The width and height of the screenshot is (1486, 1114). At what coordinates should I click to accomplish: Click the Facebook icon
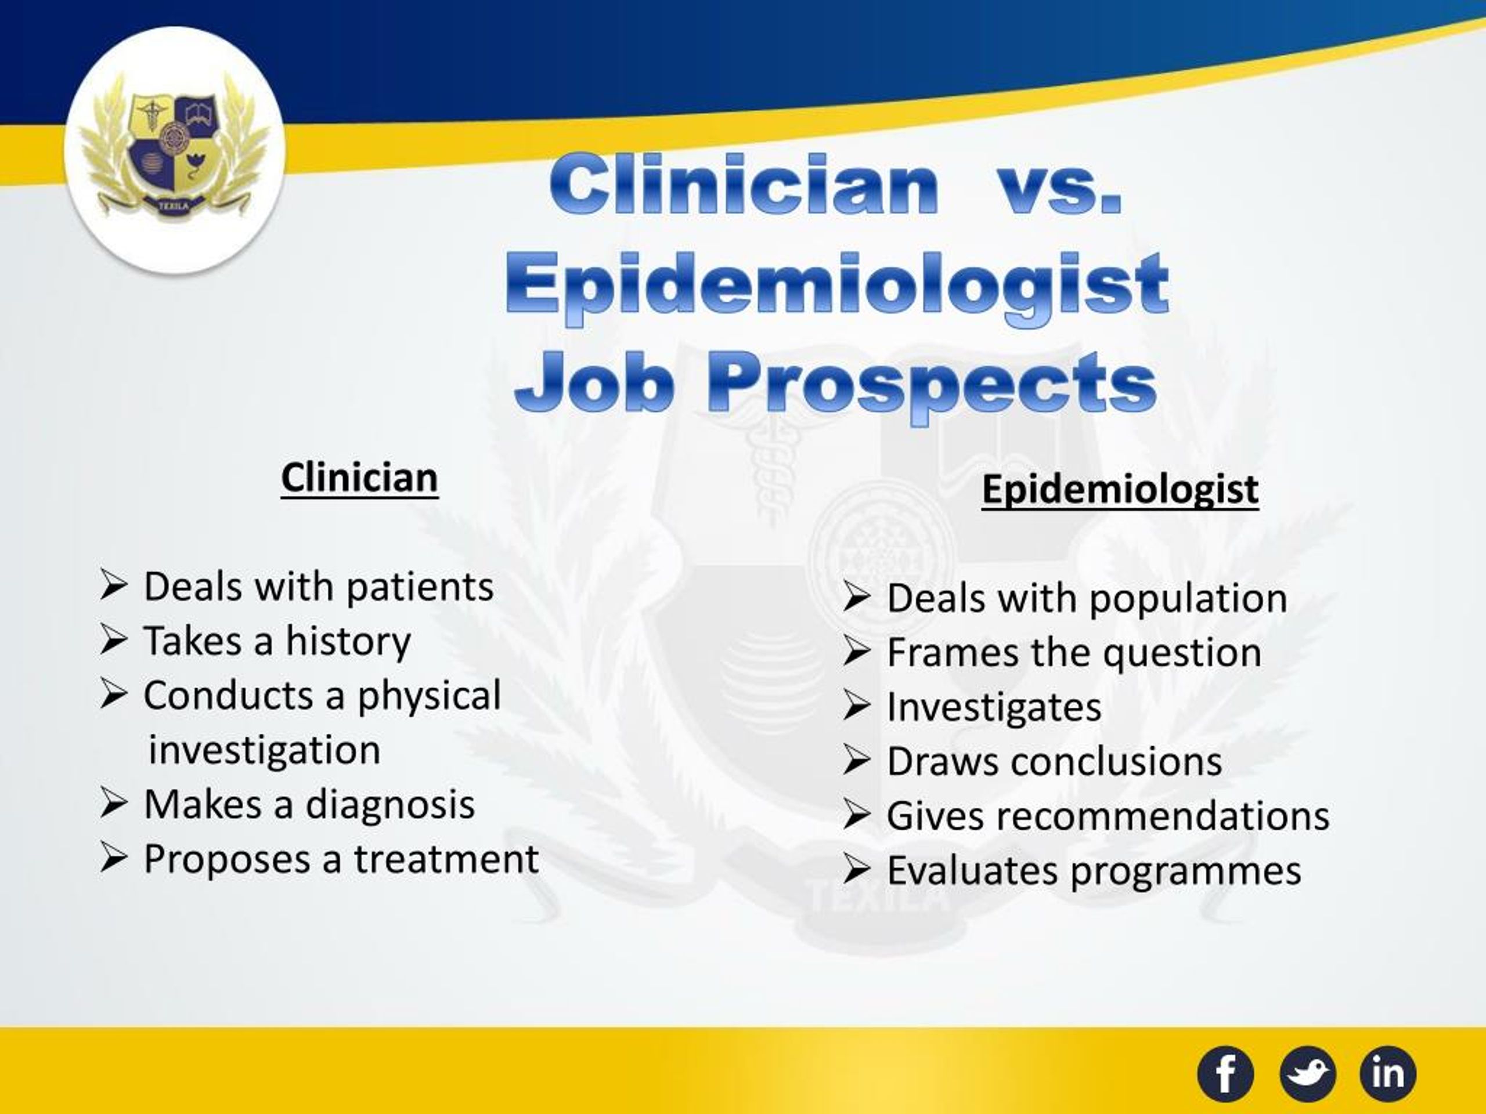click(x=1225, y=1074)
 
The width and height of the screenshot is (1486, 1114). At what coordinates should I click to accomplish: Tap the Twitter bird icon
click(x=1307, y=1074)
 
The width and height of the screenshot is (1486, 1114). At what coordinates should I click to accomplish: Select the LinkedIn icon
click(x=1388, y=1074)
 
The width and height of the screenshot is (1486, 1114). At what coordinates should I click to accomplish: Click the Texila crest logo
click(x=175, y=150)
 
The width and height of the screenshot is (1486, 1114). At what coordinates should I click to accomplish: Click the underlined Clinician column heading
click(x=359, y=478)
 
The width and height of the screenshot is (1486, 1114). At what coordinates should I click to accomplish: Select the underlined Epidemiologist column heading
click(x=1120, y=489)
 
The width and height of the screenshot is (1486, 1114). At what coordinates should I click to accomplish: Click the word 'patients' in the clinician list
click(x=420, y=587)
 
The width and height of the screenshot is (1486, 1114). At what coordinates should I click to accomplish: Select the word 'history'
click(x=348, y=641)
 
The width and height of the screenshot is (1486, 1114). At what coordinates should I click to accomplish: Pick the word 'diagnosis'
click(x=389, y=804)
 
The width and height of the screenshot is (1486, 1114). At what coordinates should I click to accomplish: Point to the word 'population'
click(x=1188, y=599)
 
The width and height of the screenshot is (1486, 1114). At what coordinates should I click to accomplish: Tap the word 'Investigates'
click(x=994, y=708)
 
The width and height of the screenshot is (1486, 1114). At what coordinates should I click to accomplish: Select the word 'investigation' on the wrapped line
click(x=264, y=750)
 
